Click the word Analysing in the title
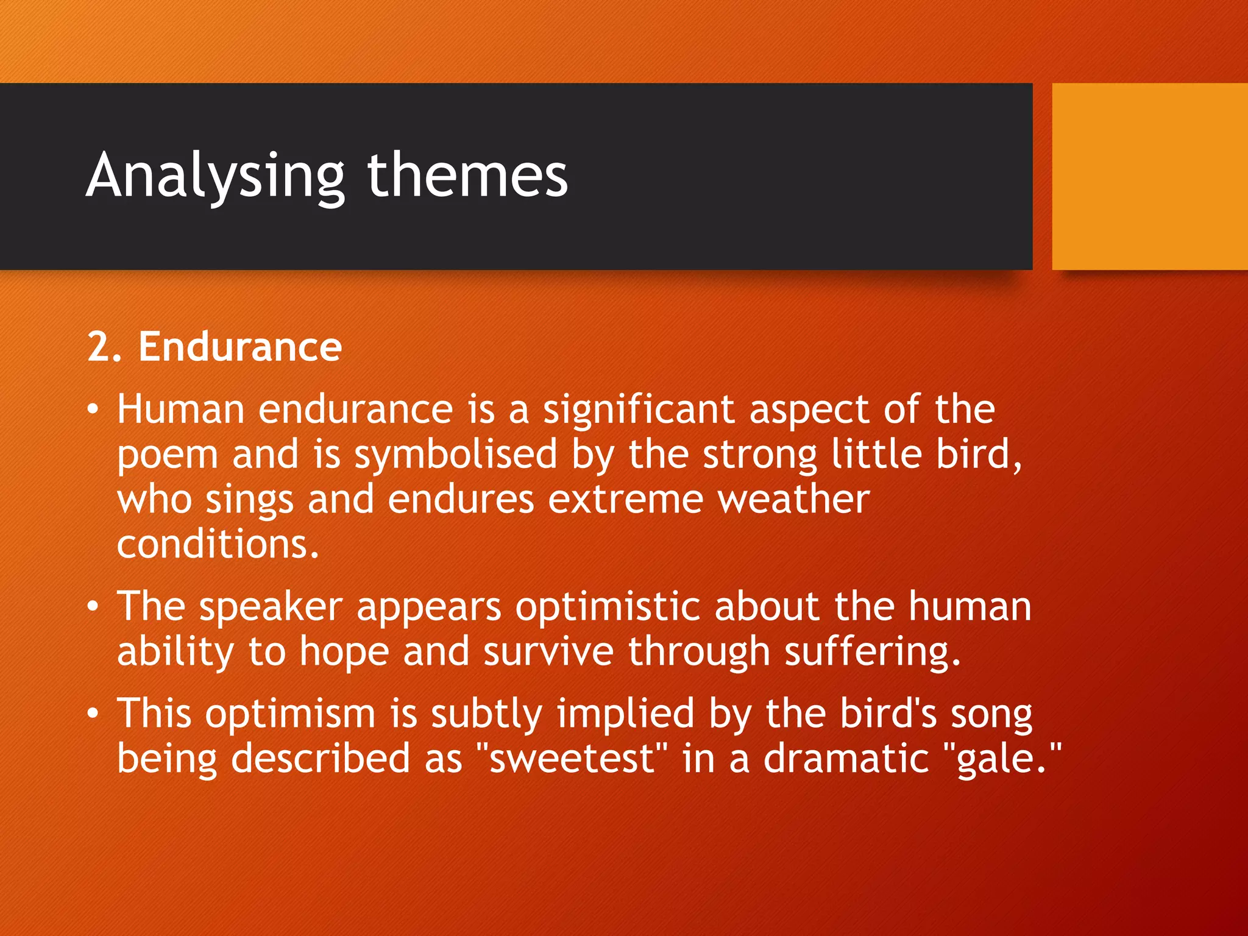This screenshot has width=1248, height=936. click(216, 177)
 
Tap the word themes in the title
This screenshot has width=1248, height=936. click(467, 177)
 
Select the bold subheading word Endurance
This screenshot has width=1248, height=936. click(240, 347)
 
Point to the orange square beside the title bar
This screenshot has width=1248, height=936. click(1149, 176)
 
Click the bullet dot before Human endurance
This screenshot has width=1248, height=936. click(92, 410)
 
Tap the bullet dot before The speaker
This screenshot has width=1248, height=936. click(92, 608)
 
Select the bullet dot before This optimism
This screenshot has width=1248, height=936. click(92, 714)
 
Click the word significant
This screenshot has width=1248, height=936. click(639, 410)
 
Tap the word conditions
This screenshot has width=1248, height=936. click(218, 544)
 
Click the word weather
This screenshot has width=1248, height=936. click(793, 500)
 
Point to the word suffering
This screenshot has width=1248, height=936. click(872, 653)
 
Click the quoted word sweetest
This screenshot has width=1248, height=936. click(572, 759)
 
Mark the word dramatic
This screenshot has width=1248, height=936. click(846, 759)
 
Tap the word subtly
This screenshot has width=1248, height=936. click(486, 714)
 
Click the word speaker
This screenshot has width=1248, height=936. click(271, 608)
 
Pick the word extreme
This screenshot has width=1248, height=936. click(625, 500)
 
